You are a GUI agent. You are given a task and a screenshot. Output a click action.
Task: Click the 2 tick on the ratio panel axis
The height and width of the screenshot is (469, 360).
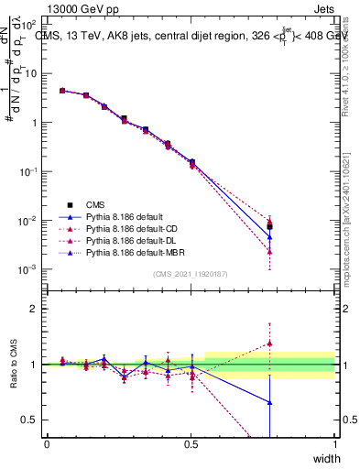[x=32, y=309]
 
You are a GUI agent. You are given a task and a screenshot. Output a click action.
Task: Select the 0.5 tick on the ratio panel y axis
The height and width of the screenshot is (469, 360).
[x=29, y=420]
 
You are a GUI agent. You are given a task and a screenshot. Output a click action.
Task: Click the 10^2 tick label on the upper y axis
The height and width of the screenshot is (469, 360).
[x=27, y=24]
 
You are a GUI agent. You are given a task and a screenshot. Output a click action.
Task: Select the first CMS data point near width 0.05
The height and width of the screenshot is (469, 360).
[x=62, y=91]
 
